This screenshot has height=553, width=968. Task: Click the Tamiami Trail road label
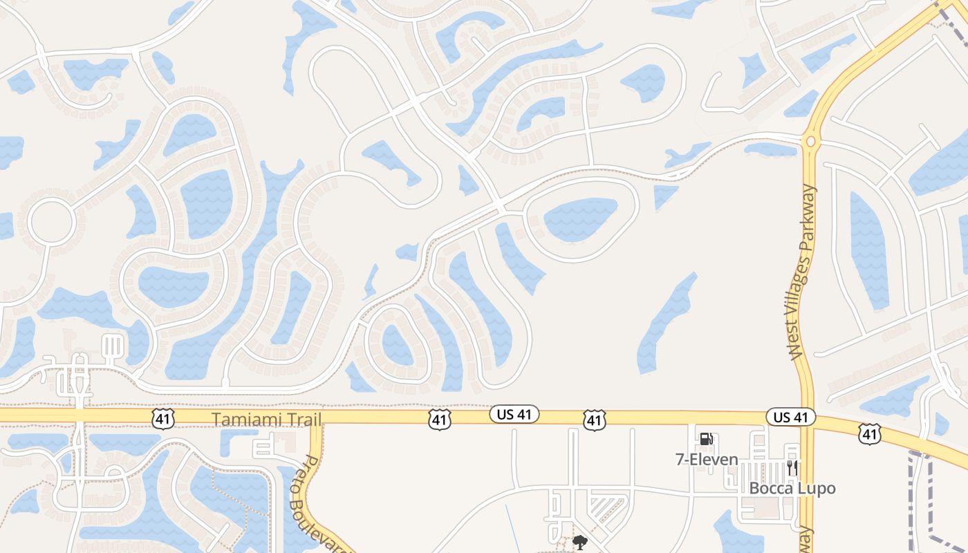[x=266, y=420]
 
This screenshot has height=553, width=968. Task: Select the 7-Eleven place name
[x=707, y=460]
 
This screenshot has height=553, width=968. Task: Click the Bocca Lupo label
[x=792, y=488]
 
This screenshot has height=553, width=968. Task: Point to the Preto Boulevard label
[x=322, y=498]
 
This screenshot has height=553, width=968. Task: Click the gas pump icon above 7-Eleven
[x=706, y=439]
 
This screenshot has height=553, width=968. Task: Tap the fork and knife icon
[x=792, y=468]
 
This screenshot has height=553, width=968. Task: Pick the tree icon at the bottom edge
[x=579, y=543]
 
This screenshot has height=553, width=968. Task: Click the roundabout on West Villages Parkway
[x=810, y=142]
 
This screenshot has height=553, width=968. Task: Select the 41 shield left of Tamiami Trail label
[x=163, y=418]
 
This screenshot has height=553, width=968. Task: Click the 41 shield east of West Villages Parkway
[x=869, y=433]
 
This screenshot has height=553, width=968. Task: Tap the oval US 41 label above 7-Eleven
[x=791, y=417]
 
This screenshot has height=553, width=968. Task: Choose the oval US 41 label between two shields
[x=514, y=414]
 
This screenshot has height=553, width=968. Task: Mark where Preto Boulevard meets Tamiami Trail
[x=317, y=418]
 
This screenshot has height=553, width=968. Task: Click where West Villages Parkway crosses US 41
[x=806, y=418]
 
